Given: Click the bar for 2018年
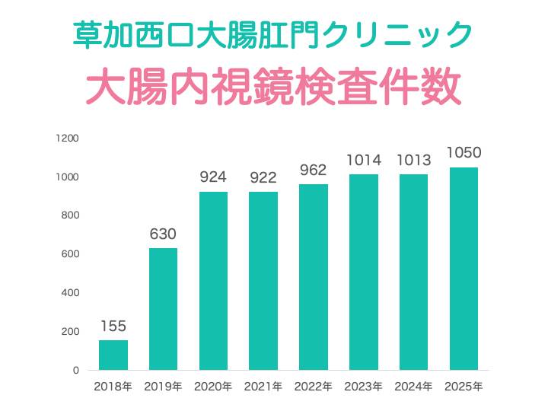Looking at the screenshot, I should point(113,355).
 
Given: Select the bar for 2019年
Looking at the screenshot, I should point(163,309).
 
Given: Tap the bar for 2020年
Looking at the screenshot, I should point(213,281).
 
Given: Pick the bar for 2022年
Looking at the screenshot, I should point(314,277).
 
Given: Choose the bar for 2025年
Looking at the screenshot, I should point(464,269).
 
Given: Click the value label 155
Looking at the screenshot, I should point(113,326).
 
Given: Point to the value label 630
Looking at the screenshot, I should point(163,234).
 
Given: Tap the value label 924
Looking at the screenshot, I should point(213,177).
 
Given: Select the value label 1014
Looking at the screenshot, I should point(363,160).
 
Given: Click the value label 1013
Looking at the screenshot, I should point(413,160).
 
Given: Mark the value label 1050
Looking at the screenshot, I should point(464,153).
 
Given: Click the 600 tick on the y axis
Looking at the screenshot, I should point(70,254).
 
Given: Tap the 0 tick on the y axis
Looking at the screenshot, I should point(75,370).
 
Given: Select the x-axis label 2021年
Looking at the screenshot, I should point(263,387).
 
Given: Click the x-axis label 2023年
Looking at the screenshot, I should point(363,387).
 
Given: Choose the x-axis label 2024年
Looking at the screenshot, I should point(413,387).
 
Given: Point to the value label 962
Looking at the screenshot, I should point(314,170).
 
